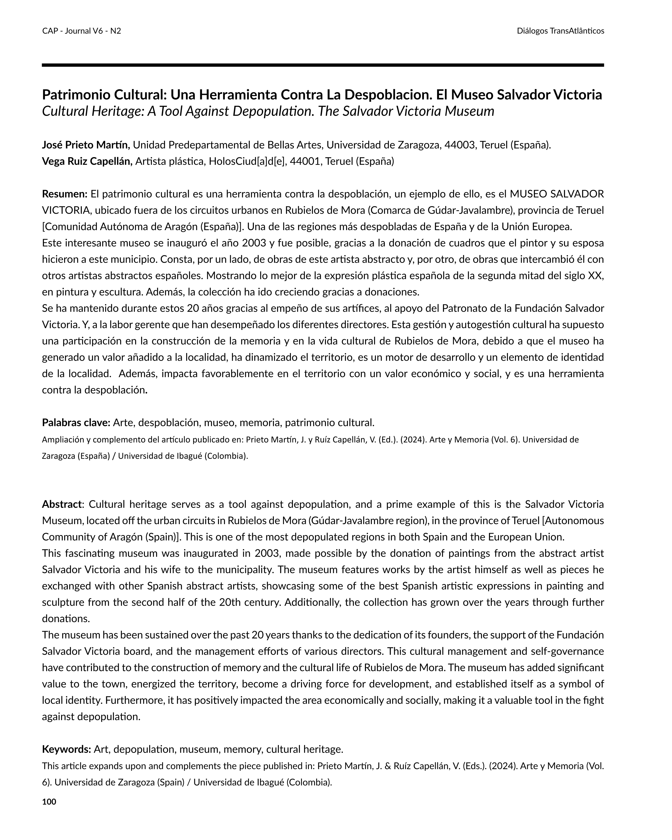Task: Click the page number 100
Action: (x=49, y=801)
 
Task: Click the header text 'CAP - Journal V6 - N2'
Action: (x=81, y=31)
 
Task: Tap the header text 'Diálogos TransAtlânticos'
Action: (x=560, y=31)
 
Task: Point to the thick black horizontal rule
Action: (x=323, y=65)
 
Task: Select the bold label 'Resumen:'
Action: (x=65, y=194)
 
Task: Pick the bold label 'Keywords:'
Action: (x=67, y=749)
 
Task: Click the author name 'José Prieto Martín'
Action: (x=86, y=145)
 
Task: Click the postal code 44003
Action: (x=460, y=145)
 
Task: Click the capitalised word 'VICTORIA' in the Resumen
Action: (x=66, y=210)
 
